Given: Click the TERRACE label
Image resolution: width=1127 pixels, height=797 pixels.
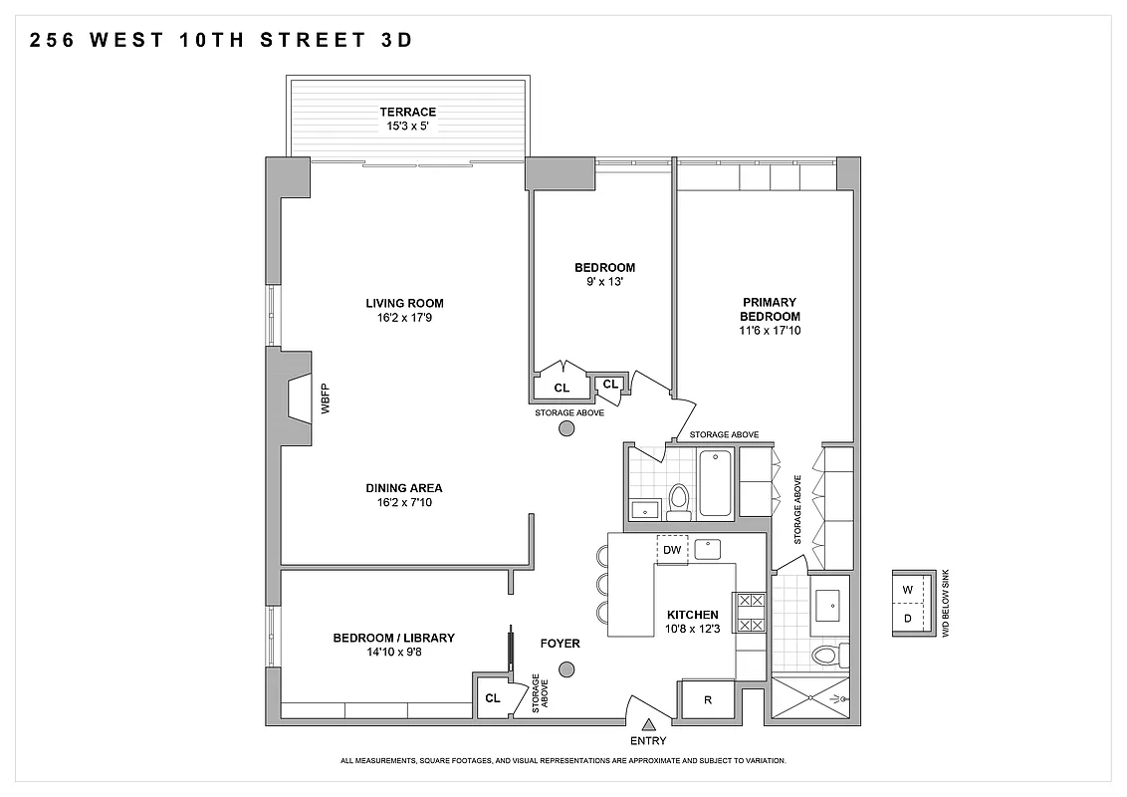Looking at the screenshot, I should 407,112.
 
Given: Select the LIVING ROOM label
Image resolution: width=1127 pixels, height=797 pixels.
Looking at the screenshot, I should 404,304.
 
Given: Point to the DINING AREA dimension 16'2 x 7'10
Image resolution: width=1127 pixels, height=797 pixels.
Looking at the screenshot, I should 404,503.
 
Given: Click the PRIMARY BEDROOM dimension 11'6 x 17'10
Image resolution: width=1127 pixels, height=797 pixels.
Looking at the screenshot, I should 770,331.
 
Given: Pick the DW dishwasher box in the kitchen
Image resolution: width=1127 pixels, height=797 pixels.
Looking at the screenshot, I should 672,549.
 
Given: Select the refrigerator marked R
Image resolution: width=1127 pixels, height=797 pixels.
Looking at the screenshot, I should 708,699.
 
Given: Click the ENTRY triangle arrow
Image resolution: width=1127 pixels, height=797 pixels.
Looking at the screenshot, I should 648,725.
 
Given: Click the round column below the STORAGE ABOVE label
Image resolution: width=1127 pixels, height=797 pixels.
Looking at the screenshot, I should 566,428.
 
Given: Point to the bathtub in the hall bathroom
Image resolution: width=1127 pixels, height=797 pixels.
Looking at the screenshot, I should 716,483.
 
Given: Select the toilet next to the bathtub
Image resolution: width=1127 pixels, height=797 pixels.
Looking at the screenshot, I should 680,499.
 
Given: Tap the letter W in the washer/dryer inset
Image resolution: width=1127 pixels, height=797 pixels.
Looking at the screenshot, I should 907,590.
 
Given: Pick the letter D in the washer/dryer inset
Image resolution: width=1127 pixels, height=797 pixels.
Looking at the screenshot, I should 907,618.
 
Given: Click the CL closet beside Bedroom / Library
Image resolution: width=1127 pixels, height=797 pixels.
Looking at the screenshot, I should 492,698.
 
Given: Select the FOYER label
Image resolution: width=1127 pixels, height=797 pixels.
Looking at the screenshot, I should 560,644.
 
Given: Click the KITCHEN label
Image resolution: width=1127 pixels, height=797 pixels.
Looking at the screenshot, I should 687,616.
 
